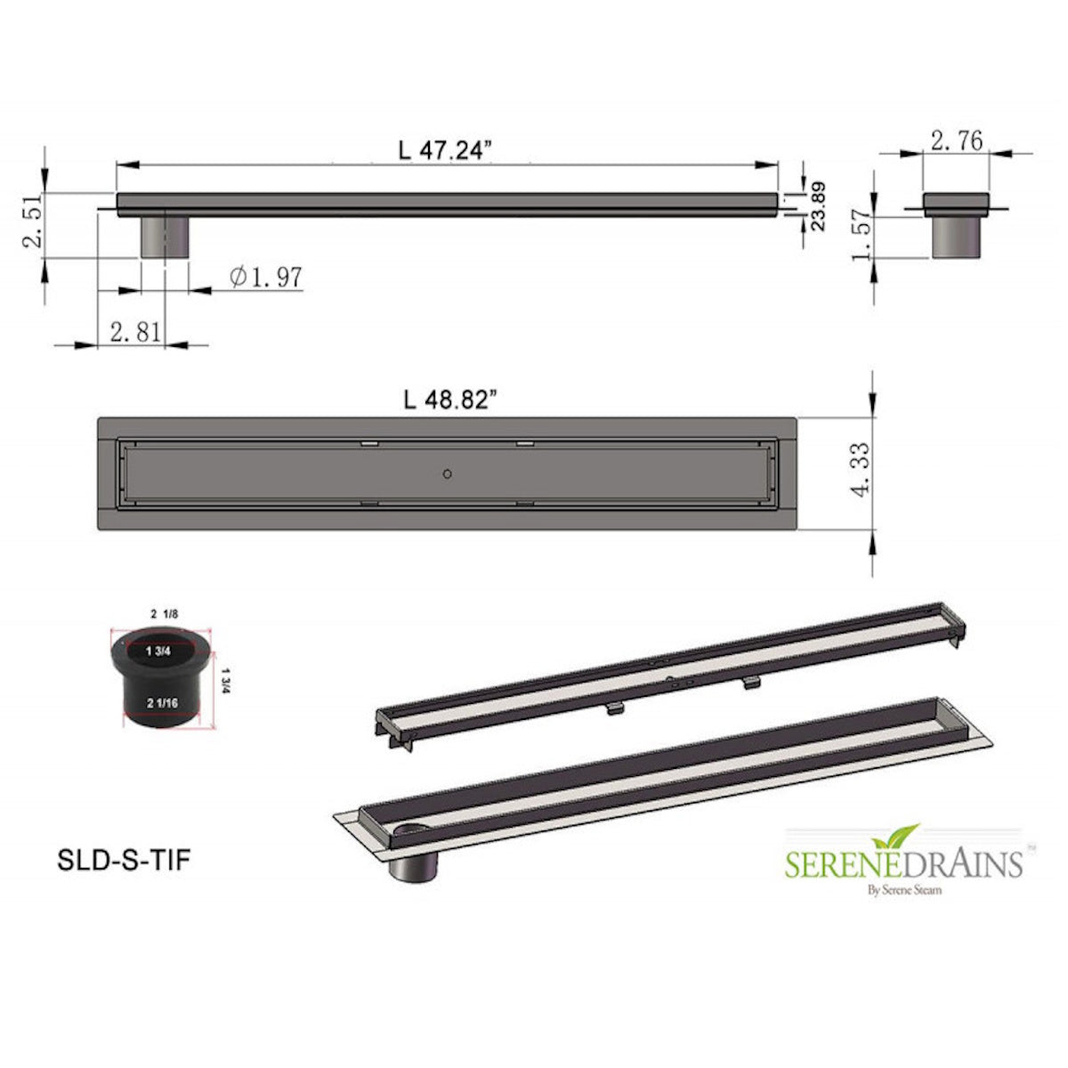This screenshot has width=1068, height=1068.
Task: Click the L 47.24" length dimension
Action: [x=446, y=150]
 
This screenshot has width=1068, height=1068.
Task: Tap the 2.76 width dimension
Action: [x=957, y=141]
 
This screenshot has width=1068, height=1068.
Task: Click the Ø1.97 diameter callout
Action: [x=266, y=278]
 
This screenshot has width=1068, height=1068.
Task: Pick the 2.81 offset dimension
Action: [x=135, y=332]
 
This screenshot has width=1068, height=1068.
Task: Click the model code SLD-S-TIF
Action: [x=124, y=861]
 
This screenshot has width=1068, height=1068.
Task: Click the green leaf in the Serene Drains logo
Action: [x=885, y=837]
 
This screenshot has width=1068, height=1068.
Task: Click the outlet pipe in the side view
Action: [x=164, y=235]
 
